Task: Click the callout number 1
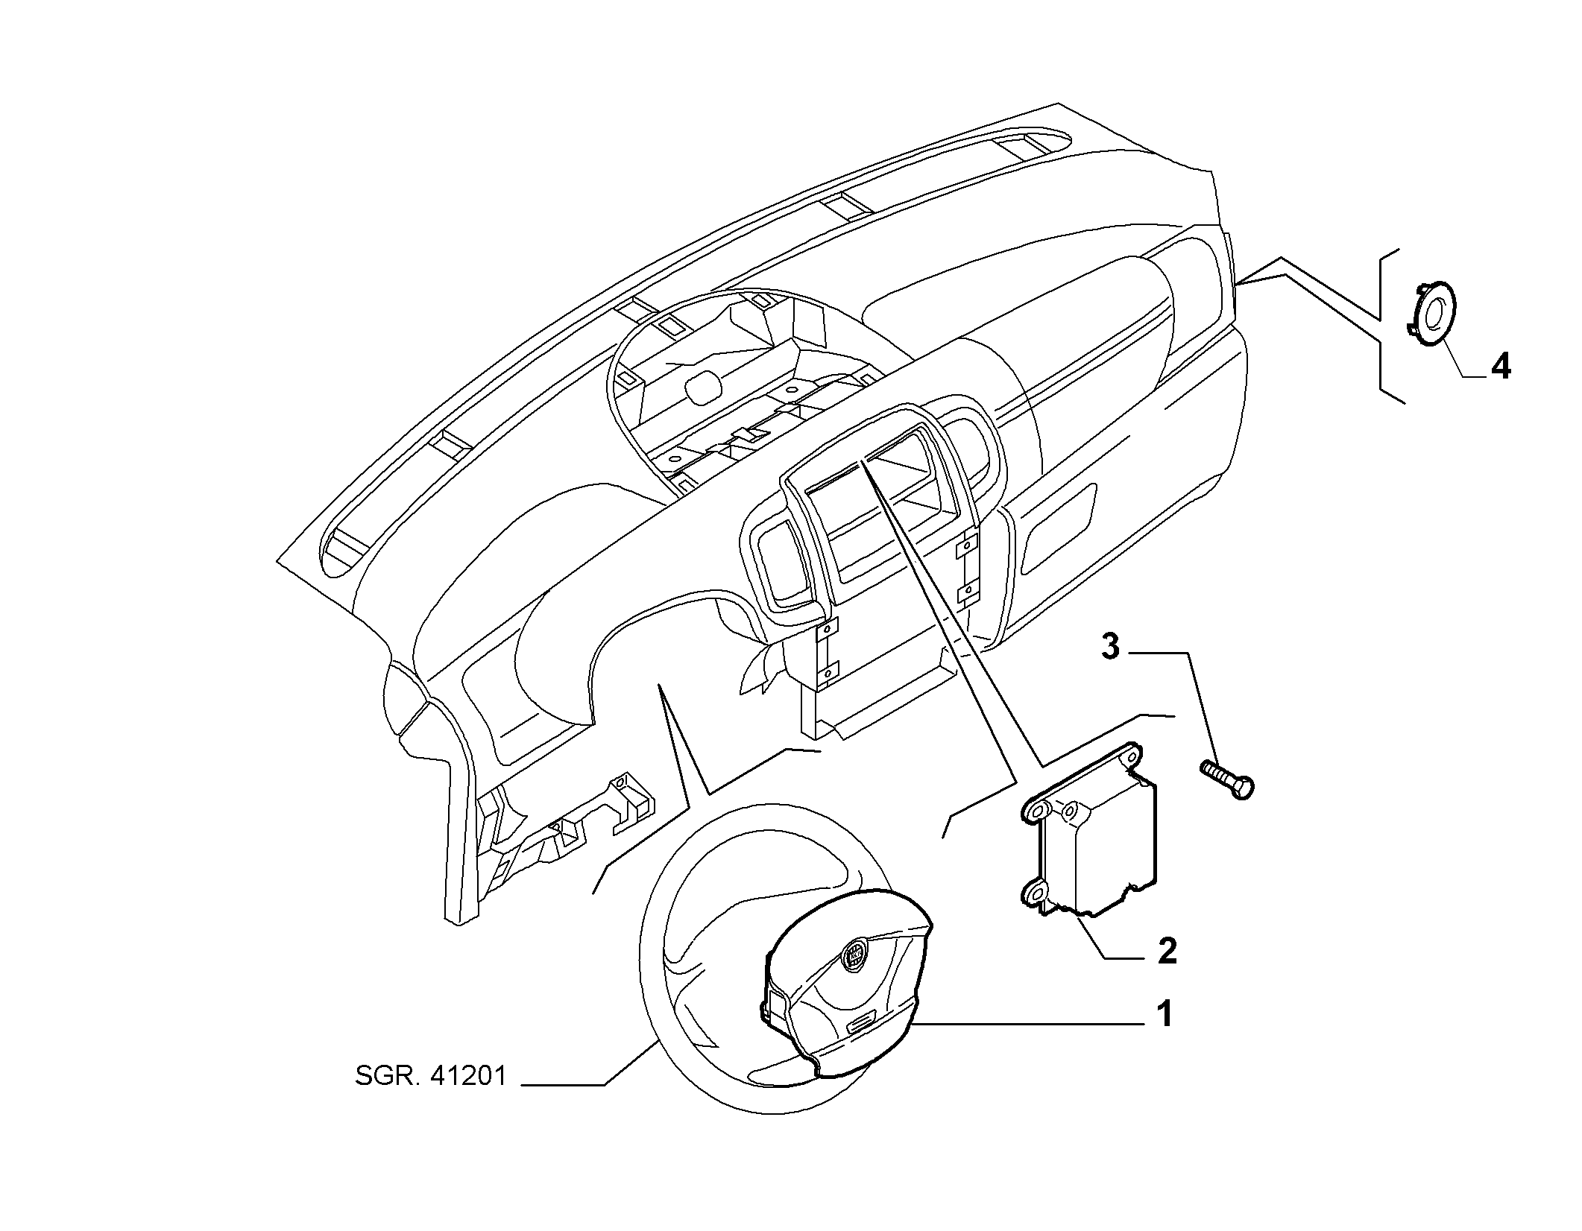tap(1164, 1015)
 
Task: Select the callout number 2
tap(1167, 952)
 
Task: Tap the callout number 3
tap(1110, 647)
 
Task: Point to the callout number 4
tap(1500, 366)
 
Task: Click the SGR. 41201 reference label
tap(431, 1077)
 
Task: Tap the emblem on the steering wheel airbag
tap(854, 954)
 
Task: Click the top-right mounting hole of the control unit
tap(1132, 758)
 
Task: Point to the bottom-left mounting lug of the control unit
tap(1033, 893)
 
